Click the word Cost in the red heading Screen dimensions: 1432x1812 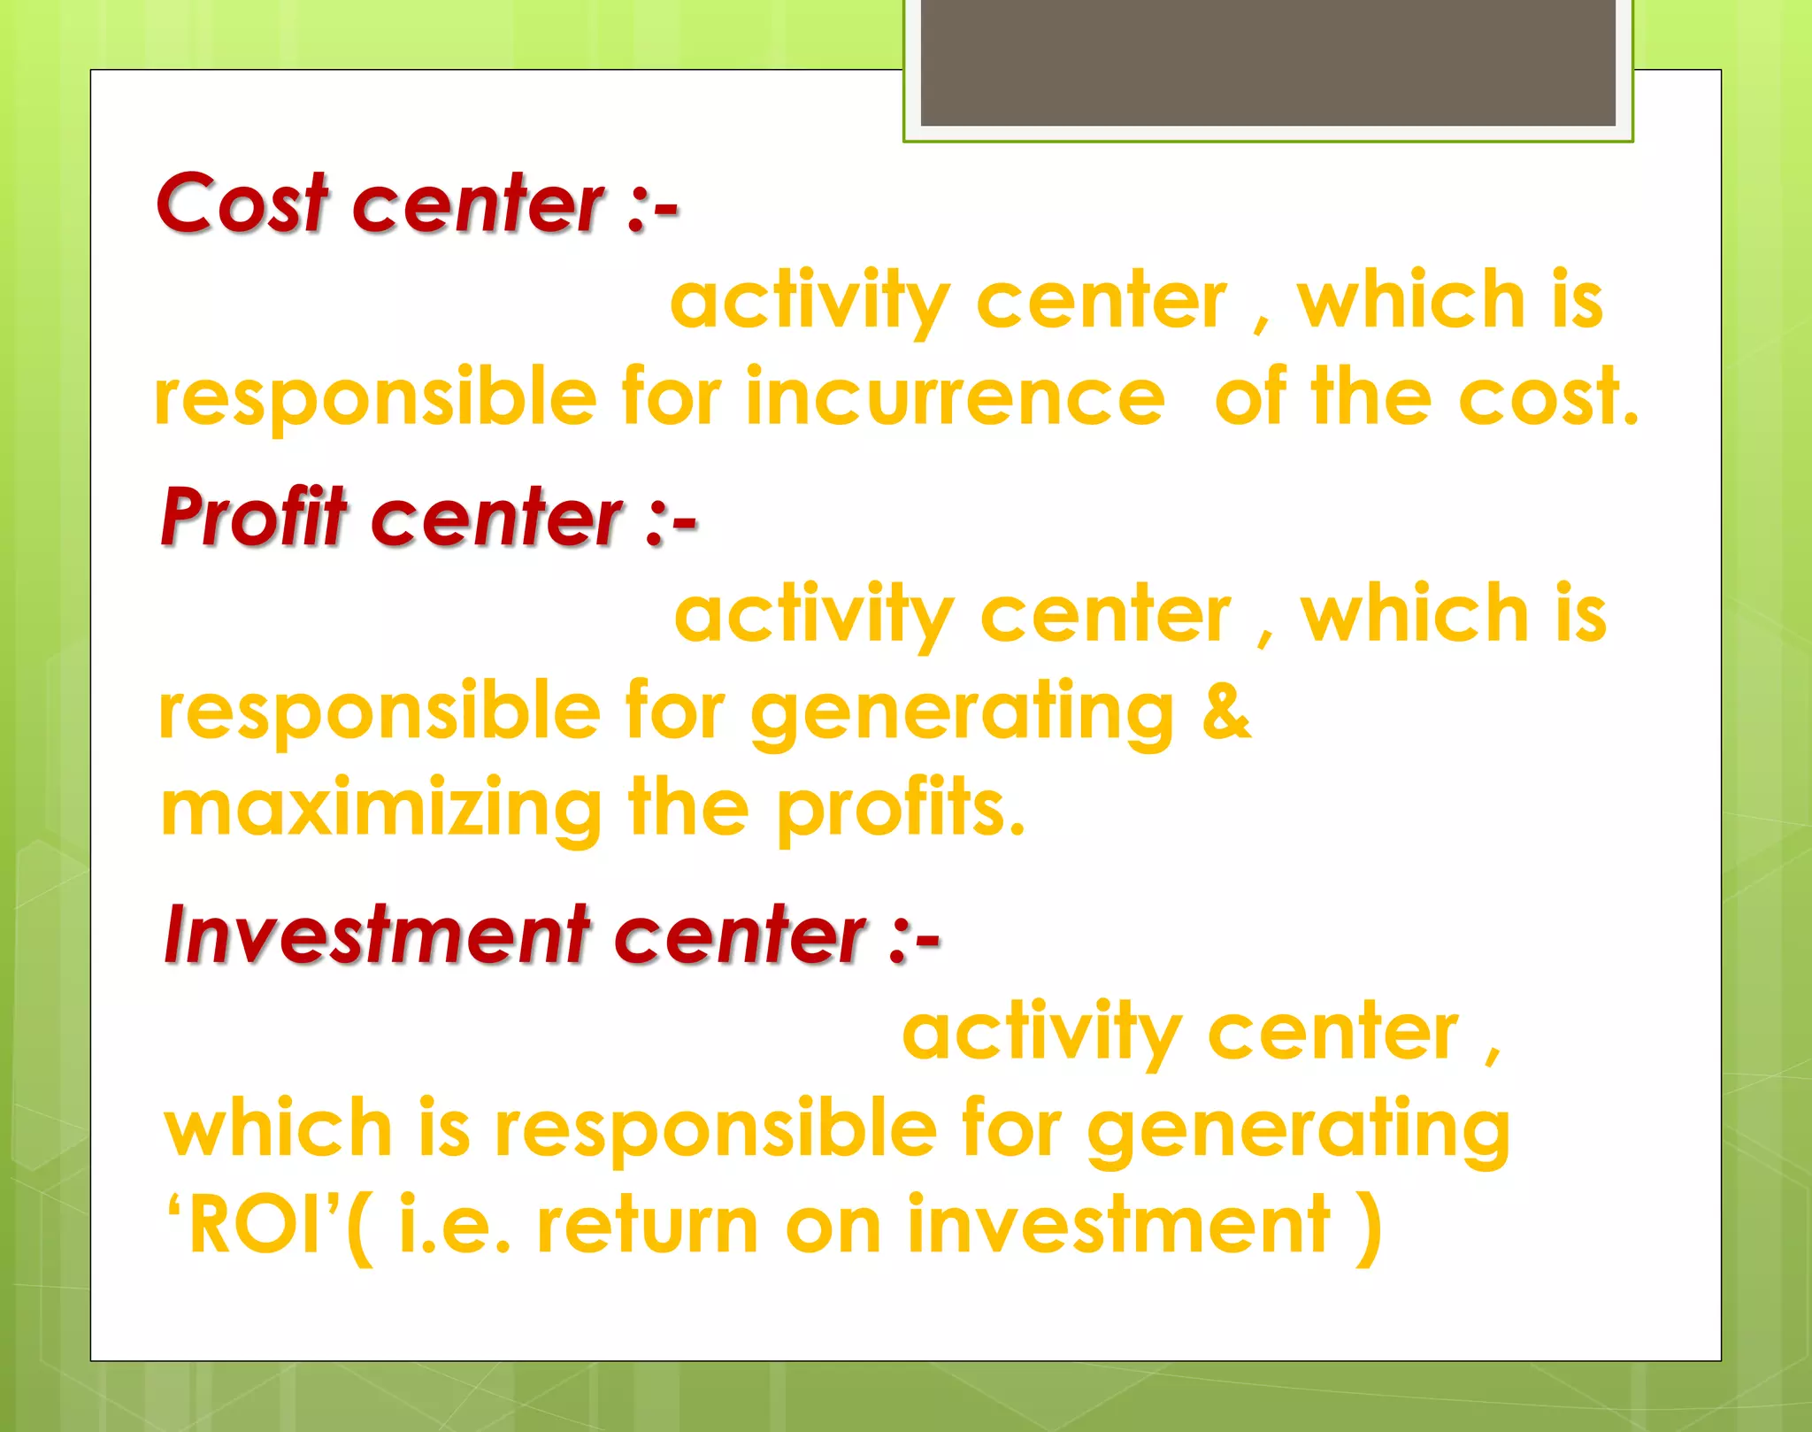241,204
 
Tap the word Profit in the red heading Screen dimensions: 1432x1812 254,517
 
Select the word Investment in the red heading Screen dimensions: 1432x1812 377,935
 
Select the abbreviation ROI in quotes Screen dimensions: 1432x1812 255,1225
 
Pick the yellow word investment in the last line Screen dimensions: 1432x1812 1118,1225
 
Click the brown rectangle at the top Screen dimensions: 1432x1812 1268,62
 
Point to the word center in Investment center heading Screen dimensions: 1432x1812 740,935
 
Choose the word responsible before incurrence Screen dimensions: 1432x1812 375,398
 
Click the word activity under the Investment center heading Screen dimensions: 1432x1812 1041,1034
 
